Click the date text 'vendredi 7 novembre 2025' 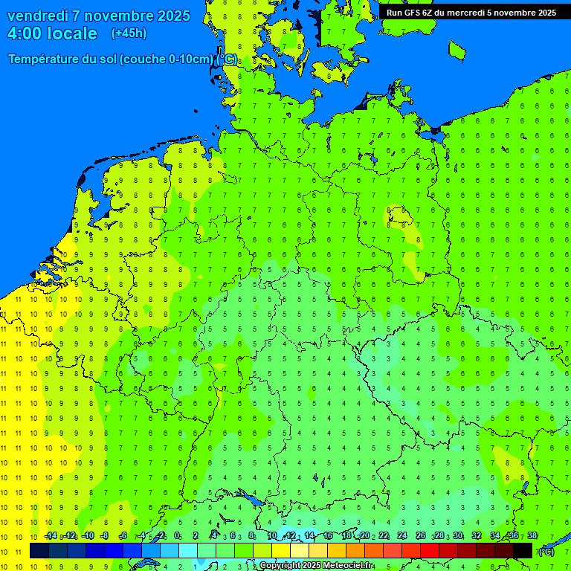[98, 16]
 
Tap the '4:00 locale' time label [52, 33]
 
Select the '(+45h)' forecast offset [129, 33]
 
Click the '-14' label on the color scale [50, 535]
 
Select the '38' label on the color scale [532, 535]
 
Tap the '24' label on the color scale [402, 535]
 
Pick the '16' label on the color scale [328, 535]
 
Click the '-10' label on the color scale [87, 535]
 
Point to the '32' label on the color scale [477, 535]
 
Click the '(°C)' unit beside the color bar [546, 551]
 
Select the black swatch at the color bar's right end [523, 550]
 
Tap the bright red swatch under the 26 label [430, 550]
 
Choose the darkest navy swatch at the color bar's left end [39, 550]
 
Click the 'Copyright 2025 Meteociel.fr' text [316, 566]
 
